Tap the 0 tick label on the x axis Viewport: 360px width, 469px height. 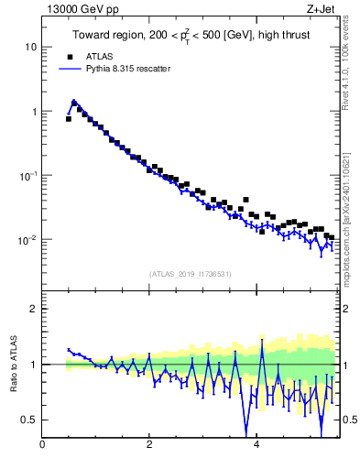tap(42, 445)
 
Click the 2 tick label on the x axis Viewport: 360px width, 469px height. tap(149, 445)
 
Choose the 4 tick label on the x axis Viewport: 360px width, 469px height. tap(256, 445)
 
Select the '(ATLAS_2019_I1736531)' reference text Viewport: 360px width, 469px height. tap(191, 274)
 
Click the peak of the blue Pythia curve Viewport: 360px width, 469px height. tap(73, 102)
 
